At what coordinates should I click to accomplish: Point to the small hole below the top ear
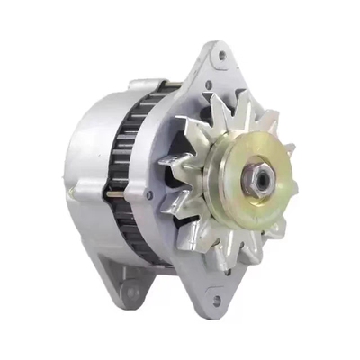coord(209,89)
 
